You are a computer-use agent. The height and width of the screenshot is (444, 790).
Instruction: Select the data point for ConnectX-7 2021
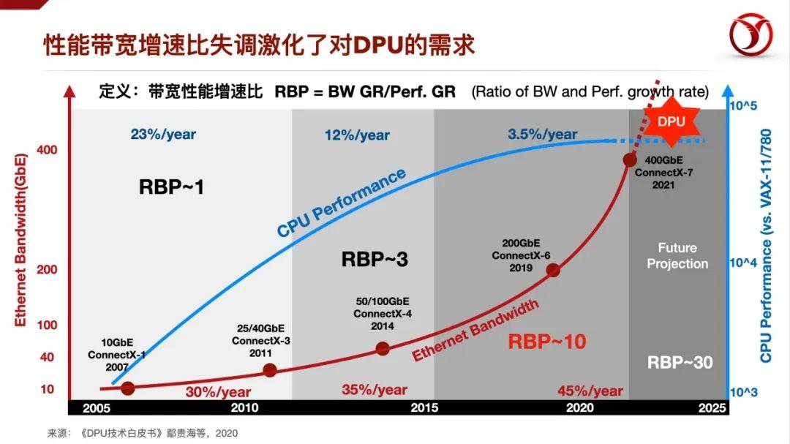tap(630, 159)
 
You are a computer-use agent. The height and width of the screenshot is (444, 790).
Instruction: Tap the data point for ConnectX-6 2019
tap(553, 270)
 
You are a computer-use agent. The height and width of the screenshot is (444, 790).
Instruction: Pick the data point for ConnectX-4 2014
tap(382, 348)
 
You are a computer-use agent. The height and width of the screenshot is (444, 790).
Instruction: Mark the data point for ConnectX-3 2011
tap(269, 370)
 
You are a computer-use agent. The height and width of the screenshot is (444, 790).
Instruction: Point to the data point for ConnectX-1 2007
tap(127, 388)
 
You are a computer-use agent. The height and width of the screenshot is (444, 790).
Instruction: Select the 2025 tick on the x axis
tap(712, 407)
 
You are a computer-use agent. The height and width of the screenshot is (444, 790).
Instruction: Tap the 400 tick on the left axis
tap(47, 150)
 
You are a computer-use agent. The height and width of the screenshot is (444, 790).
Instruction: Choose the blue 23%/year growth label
tap(163, 135)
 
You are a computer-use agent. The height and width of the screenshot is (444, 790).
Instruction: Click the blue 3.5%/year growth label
tap(542, 135)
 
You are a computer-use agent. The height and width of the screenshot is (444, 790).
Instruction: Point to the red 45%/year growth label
tap(590, 391)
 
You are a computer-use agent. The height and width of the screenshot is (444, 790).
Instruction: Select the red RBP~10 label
tap(547, 342)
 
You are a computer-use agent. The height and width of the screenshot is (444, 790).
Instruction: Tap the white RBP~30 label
tap(680, 362)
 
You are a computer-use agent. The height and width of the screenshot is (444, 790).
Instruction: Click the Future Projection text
tap(677, 256)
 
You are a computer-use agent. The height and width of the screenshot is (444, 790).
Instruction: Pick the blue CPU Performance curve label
tap(341, 203)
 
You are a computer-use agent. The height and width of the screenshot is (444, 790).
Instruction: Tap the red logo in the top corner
tap(750, 37)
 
